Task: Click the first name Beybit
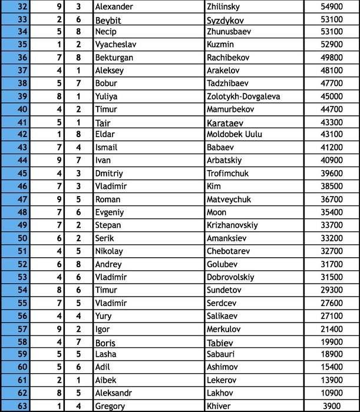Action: (108, 20)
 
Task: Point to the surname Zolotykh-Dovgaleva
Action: (243, 97)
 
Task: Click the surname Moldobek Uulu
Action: (234, 135)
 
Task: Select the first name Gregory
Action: (110, 406)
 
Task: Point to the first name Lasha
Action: (105, 354)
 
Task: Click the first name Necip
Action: (105, 32)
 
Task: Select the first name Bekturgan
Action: (114, 58)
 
